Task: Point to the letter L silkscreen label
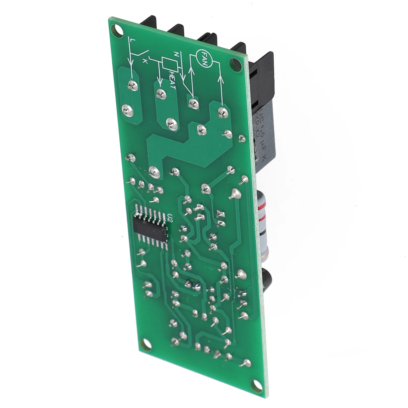pyautogui.click(x=131, y=40)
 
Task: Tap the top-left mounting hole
pyautogui.click(x=118, y=29)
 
